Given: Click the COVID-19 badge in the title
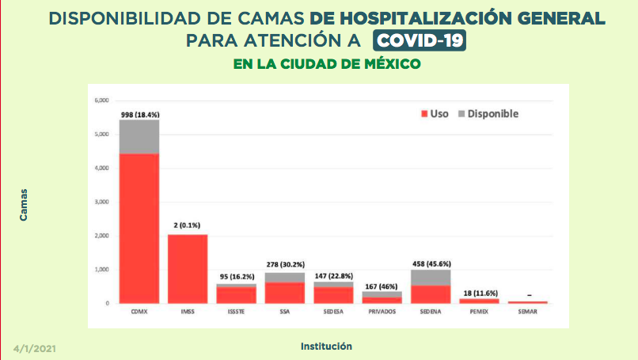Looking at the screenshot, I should point(420,40).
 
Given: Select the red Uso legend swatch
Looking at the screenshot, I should point(424,114).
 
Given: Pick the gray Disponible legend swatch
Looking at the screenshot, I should point(460,114).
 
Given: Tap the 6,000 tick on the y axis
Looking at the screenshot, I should point(101,100).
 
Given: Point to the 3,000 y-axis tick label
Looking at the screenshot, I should point(101,202).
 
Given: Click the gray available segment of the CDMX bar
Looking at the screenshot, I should point(139,136).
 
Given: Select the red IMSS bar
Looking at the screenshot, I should point(188,269).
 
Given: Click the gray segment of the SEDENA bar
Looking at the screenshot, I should point(431,277).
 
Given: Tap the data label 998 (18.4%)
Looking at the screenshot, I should point(140,115).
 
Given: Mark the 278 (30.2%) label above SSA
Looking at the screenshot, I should point(285,264).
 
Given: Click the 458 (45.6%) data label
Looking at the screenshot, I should point(431,263).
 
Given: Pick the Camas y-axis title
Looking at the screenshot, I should point(24,203).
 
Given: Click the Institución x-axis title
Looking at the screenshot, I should point(326,347).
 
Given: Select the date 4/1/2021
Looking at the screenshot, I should point(35,348).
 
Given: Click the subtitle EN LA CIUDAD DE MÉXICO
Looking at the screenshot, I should point(326,64).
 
